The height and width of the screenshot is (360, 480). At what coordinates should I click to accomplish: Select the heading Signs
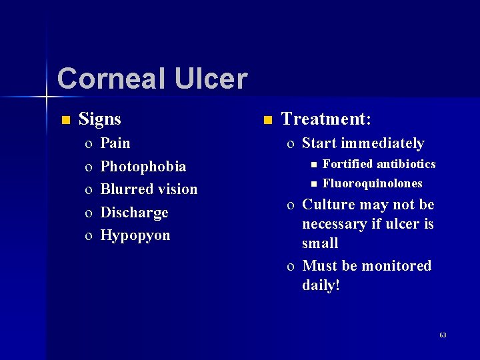(100, 119)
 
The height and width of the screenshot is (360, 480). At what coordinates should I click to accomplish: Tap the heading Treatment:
(326, 119)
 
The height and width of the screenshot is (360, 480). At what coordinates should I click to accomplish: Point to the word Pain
(115, 143)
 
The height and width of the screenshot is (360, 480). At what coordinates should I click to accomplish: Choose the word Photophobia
(143, 167)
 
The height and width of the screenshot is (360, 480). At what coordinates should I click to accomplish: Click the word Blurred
(127, 189)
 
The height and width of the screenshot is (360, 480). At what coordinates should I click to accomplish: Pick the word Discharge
(134, 213)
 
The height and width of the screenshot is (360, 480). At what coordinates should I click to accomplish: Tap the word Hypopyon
(135, 235)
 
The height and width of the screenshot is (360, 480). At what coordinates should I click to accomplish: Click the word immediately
(383, 143)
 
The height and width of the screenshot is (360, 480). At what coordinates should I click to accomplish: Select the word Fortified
(347, 164)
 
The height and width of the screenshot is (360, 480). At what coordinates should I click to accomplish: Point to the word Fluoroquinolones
(372, 183)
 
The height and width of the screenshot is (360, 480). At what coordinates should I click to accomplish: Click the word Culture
(328, 205)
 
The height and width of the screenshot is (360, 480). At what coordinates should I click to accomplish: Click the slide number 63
(443, 335)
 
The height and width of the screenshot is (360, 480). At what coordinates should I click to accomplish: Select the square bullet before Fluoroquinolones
(311, 184)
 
